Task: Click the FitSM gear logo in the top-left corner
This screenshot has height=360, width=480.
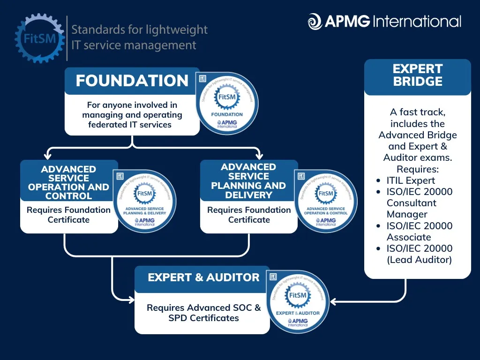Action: pos(39,38)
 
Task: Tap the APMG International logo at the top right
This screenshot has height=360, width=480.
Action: pos(384,22)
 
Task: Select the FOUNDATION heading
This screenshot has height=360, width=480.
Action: pos(132,81)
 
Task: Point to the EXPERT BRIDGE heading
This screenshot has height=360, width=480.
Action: pos(417,75)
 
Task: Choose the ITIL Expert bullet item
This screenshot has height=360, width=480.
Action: pos(411,180)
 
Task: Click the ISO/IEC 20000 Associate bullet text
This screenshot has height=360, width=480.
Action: pos(419,232)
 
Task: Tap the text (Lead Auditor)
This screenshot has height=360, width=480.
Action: pos(419,260)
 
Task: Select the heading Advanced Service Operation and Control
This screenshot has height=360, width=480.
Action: pos(68,182)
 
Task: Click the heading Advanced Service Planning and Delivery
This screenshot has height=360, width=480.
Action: pos(248,181)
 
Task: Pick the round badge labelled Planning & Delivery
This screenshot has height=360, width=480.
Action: pos(145,201)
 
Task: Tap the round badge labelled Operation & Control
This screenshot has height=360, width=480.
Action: pos(326,201)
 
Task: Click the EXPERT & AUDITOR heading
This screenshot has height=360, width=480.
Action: pos(203,277)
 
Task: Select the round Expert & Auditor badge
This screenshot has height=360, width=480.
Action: pos(298,302)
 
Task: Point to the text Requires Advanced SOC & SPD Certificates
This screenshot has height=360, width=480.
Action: pos(203,313)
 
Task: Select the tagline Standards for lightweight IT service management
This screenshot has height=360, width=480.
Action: pos(139,37)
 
